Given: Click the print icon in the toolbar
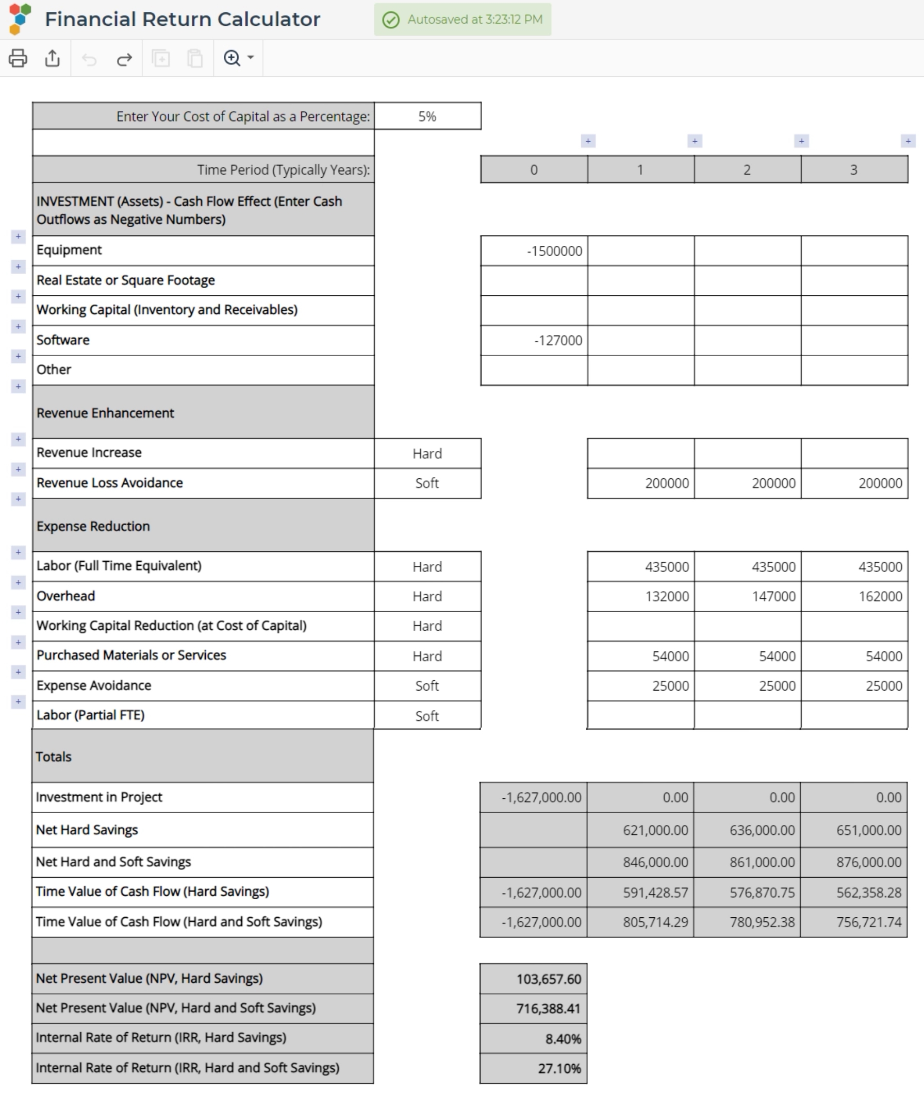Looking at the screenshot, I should [x=18, y=58].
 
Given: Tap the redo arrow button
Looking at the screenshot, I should [x=124, y=59].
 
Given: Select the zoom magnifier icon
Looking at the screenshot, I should [x=233, y=58].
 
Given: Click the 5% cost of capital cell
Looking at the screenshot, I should [x=427, y=116].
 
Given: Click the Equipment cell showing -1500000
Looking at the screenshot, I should [x=534, y=251].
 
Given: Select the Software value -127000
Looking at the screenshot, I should [x=534, y=341].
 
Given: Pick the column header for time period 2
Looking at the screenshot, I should [x=747, y=170].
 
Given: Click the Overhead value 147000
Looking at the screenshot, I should [x=747, y=596].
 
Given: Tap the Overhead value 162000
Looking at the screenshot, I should [x=854, y=596].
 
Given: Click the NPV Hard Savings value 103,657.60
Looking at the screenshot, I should [x=534, y=979].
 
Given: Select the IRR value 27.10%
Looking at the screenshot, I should [x=534, y=1068].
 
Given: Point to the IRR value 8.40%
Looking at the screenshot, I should [x=534, y=1039].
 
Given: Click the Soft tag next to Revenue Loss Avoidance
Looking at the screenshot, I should [x=427, y=483].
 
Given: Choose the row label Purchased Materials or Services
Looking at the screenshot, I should [x=131, y=656].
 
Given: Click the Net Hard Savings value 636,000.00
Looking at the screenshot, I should [x=747, y=830].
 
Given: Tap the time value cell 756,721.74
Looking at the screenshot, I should [x=853, y=922].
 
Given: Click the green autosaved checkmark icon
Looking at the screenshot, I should [x=391, y=20].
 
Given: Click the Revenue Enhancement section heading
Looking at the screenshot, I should [x=105, y=413].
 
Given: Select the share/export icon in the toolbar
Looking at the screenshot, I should [x=52, y=58].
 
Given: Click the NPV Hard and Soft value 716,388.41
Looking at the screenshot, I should [x=534, y=1009].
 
